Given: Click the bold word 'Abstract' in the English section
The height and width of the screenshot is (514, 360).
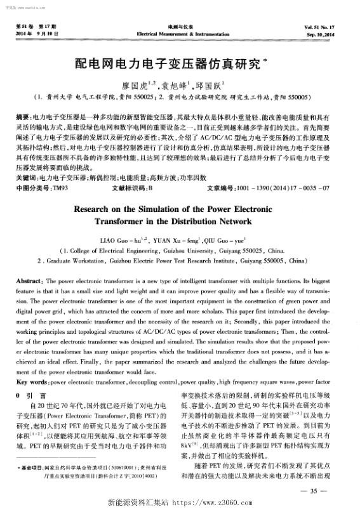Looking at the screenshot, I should point(29,281).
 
